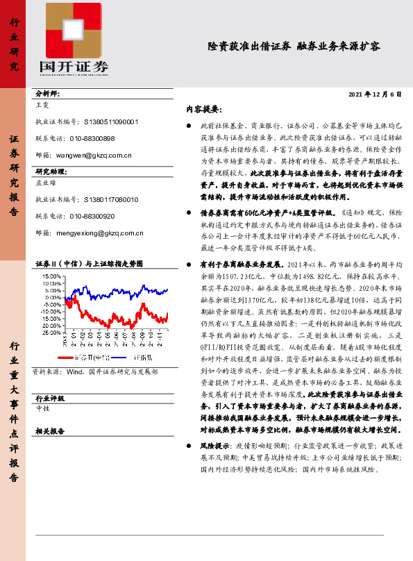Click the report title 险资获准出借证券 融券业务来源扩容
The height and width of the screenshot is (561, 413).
click(x=294, y=47)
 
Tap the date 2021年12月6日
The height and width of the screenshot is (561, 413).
click(x=374, y=94)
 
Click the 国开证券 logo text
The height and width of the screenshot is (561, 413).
click(x=74, y=67)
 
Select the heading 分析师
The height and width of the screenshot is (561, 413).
click(x=48, y=94)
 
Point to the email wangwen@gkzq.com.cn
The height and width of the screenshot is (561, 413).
click(x=94, y=156)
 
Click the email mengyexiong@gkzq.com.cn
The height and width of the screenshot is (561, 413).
click(x=99, y=233)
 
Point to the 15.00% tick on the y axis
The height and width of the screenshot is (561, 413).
click(x=51, y=276)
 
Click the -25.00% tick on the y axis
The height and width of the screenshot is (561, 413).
click(x=51, y=333)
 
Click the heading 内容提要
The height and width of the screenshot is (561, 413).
click(x=203, y=109)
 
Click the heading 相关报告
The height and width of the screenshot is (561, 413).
click(x=49, y=430)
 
